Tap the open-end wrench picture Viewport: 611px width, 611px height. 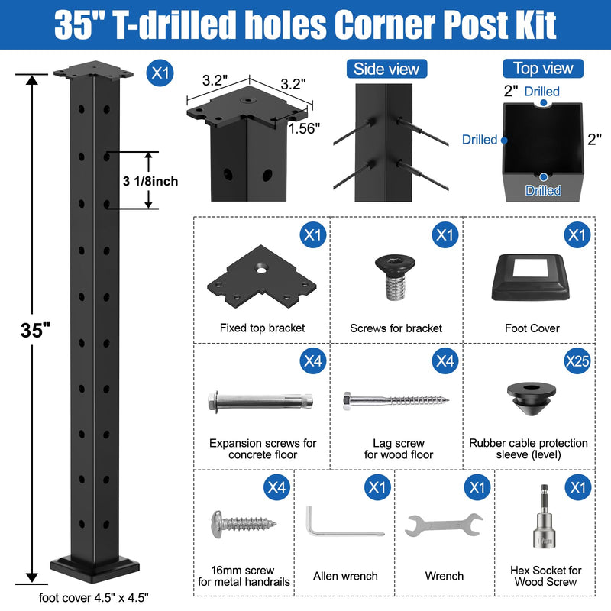click(444, 525)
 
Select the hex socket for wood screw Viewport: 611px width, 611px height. click(544, 518)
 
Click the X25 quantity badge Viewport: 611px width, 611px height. click(577, 360)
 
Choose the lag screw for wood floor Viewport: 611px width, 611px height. click(396, 400)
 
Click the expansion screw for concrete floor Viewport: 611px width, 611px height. click(260, 400)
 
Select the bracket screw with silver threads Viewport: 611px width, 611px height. click(395, 277)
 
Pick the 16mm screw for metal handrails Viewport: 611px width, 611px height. click(244, 525)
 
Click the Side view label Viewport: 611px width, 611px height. click(386, 69)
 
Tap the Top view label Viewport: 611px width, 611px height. click(543, 69)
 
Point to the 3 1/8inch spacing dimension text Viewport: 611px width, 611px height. click(150, 181)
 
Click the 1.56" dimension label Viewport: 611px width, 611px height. click(304, 128)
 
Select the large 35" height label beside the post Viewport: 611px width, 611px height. click(35, 330)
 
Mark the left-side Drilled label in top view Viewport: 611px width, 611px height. click(480, 140)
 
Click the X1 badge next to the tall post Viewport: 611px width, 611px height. click(160, 73)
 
